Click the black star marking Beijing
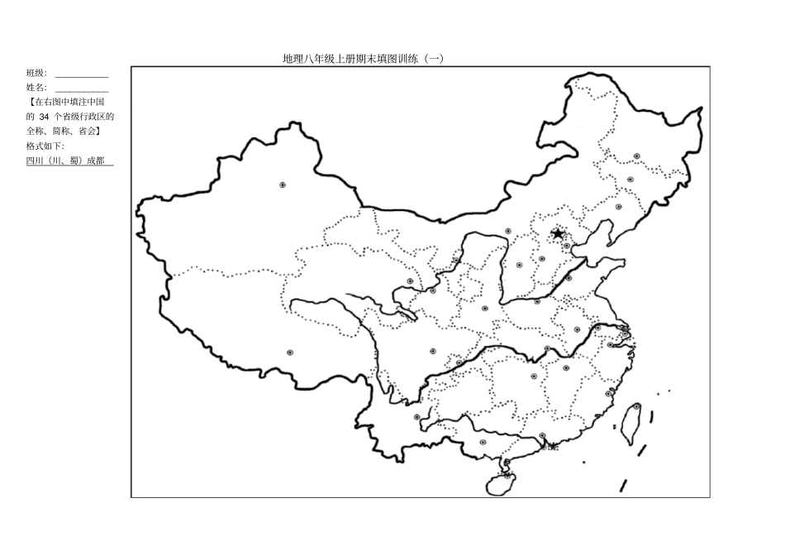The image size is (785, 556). (x=558, y=233)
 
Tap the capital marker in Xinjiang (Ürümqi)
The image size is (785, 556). (x=283, y=185)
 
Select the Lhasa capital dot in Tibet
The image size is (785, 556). (x=290, y=352)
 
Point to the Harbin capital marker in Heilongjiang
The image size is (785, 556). (x=637, y=156)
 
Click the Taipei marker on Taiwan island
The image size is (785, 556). (x=636, y=407)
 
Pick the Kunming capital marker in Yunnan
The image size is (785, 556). (x=417, y=417)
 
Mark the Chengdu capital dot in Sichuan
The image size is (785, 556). (x=432, y=351)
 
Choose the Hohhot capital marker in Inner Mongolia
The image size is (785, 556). (x=508, y=232)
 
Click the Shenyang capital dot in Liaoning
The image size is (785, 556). (x=618, y=207)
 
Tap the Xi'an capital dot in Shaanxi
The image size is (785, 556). (x=485, y=308)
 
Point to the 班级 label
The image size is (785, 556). (x=36, y=73)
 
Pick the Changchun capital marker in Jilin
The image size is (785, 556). (x=630, y=180)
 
